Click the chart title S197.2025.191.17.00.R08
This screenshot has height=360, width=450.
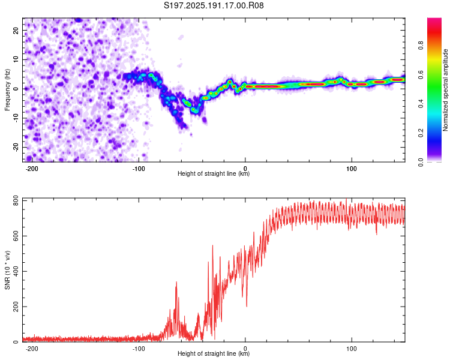(214, 5)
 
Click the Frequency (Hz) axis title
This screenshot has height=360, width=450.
(7, 90)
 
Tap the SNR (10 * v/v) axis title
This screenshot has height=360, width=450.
(7, 270)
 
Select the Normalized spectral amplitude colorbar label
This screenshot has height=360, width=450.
(445, 90)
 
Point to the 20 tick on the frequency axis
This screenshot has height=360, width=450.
(16, 30)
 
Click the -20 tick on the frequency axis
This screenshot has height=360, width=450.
(16, 147)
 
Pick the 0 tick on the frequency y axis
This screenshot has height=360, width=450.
(16, 89)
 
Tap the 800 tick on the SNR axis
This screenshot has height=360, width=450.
(16, 200)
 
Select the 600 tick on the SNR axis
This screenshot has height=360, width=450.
(16, 236)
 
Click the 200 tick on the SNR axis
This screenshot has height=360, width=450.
(16, 307)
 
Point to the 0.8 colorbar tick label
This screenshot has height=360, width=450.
(421, 46)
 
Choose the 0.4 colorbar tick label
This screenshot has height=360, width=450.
(421, 104)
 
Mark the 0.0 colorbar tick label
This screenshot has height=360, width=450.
(421, 162)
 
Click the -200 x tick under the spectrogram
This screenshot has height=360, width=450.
(32, 169)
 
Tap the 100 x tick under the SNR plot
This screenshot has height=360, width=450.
(352, 349)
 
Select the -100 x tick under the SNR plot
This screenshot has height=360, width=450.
(139, 349)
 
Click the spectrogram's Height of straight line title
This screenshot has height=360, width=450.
(214, 173)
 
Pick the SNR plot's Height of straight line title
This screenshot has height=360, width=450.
(214, 353)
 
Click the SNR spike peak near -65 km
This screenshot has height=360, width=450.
(176, 282)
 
